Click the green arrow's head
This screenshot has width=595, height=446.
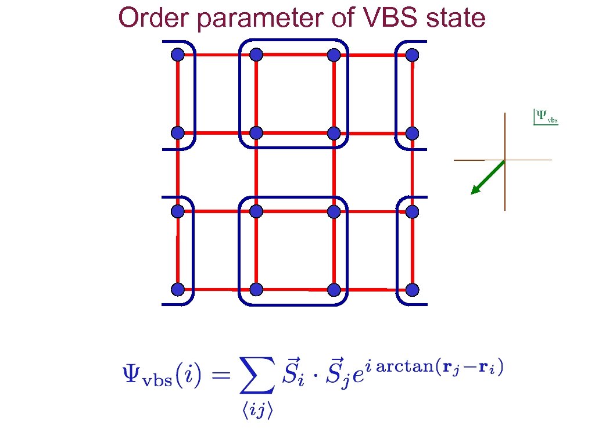pyautogui.click(x=475, y=190)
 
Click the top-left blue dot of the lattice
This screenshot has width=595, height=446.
pyautogui.click(x=178, y=55)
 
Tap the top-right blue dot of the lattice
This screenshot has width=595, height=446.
pyautogui.click(x=412, y=55)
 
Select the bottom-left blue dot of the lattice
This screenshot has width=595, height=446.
pyautogui.click(x=178, y=289)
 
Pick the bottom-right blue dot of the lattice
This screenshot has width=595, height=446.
pyautogui.click(x=412, y=289)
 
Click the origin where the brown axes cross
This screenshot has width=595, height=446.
pyautogui.click(x=505, y=160)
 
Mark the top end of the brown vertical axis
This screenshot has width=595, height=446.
pyautogui.click(x=505, y=114)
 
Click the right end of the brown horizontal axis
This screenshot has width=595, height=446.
pyautogui.click(x=550, y=160)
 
